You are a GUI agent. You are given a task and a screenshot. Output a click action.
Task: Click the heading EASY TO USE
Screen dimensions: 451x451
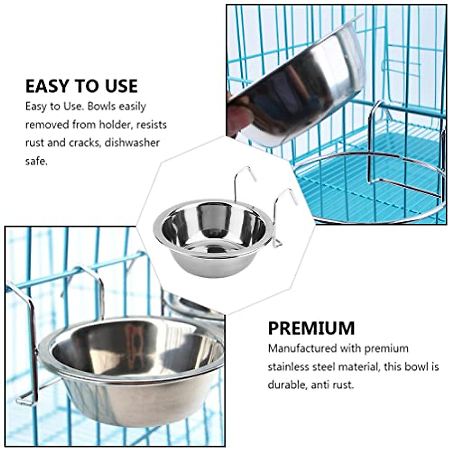click(x=82, y=86)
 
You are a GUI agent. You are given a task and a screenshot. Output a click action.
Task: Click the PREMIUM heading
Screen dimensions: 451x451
click(x=311, y=328)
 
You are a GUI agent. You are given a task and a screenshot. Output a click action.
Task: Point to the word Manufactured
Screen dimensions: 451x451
click(x=302, y=348)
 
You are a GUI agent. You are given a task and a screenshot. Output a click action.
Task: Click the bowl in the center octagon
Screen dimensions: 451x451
click(x=210, y=237)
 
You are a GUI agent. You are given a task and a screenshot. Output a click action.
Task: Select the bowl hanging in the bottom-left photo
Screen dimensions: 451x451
click(x=132, y=372)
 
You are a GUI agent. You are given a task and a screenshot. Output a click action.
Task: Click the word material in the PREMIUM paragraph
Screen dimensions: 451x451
click(x=360, y=367)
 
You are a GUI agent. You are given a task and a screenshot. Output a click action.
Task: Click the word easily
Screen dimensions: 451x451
click(x=132, y=106)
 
